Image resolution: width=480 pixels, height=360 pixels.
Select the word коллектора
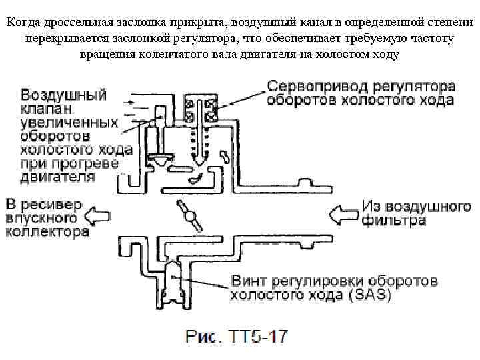[47, 233]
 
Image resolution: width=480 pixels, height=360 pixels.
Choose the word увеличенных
[69, 123]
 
